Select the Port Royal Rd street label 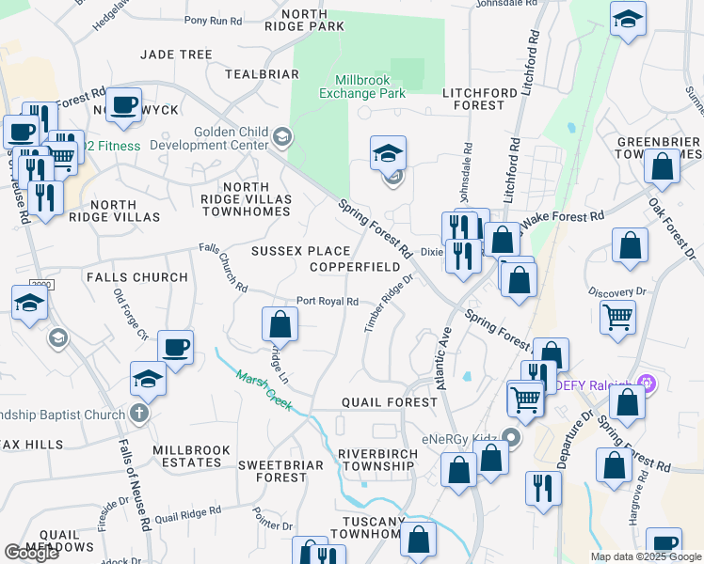tap(327, 302)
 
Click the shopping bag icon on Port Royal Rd tap(280, 324)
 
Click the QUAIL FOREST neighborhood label tap(389, 402)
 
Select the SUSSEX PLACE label tap(300, 251)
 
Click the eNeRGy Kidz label tap(458, 437)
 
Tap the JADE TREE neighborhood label tap(176, 55)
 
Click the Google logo tap(32, 553)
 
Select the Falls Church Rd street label tap(223, 268)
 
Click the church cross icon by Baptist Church tap(138, 414)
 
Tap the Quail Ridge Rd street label tap(188, 515)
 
